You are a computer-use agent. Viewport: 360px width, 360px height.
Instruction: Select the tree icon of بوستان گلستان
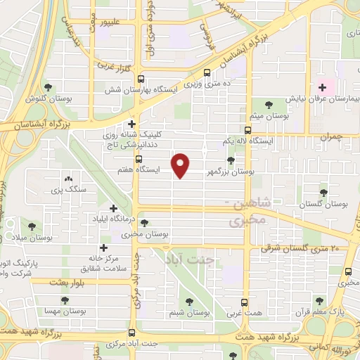point(324,192)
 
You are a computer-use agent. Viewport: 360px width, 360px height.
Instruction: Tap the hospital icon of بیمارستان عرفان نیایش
point(323,88)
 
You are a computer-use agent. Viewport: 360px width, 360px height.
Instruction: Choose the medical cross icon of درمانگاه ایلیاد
point(115,208)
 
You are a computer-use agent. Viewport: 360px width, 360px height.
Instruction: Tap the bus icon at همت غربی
point(245,301)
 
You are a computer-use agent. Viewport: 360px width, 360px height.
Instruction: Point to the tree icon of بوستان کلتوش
point(48,88)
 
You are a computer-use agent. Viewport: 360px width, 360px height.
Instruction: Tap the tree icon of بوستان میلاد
point(31,226)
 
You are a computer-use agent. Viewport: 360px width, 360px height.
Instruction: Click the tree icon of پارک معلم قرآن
point(320,300)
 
